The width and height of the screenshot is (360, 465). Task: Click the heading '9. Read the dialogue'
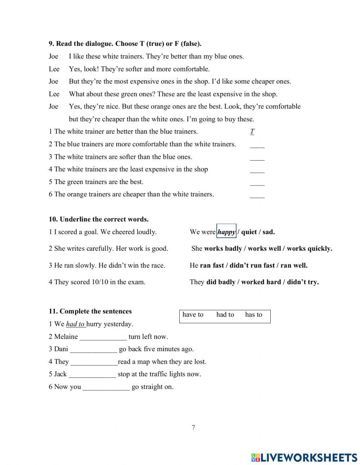[x=125, y=44]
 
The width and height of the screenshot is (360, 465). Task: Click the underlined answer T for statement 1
[x=252, y=132]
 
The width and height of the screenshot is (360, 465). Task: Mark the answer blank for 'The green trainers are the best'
[x=257, y=183]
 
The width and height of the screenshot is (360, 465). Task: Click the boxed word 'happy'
[x=226, y=232]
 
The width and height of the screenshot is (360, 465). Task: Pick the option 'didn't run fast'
[x=252, y=265]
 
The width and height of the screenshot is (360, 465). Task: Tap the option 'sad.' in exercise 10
[x=269, y=232]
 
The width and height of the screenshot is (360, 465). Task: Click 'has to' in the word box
[x=253, y=315]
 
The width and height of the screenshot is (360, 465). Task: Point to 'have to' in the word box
[x=193, y=315]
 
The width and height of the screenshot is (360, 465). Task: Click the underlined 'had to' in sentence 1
[x=75, y=324]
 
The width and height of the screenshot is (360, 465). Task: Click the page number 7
[x=193, y=428]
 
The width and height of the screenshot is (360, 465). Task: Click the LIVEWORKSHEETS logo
[x=304, y=457]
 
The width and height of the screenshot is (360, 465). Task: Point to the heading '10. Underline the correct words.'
[x=99, y=219]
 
